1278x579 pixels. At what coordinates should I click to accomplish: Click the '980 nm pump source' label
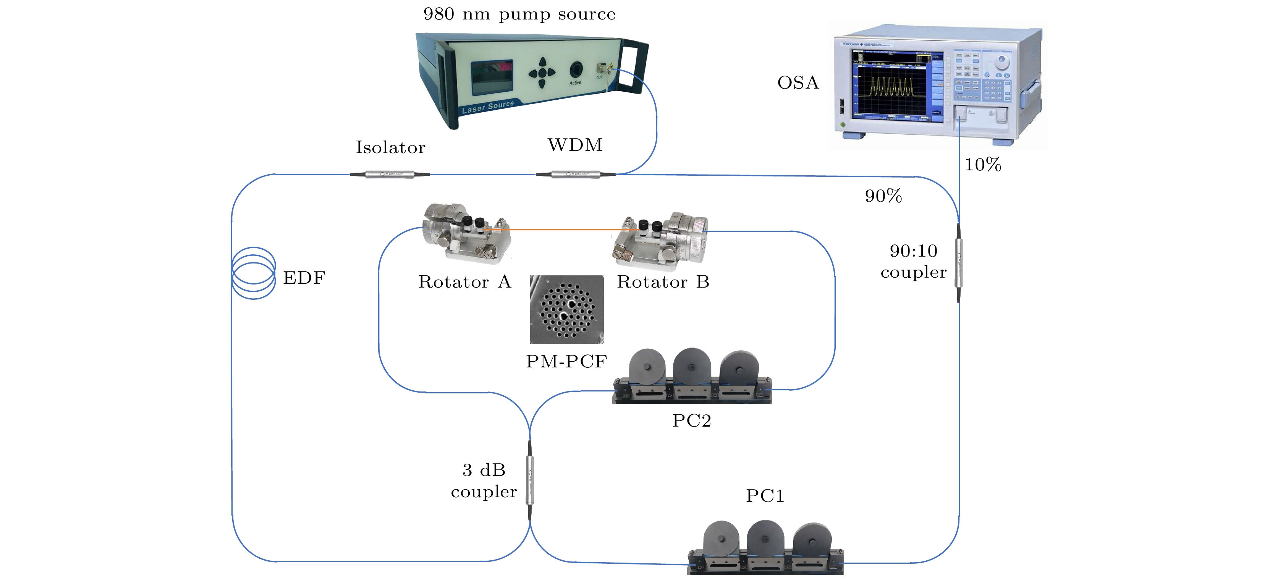[x=519, y=15]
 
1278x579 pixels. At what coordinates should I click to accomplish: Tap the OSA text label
[x=798, y=82]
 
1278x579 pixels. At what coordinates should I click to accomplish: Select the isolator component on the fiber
[x=390, y=174]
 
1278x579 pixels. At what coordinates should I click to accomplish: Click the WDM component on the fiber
[x=576, y=174]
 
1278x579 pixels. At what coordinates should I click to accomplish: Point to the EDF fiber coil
[x=254, y=273]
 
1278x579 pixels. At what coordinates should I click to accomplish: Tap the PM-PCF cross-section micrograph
[x=566, y=309]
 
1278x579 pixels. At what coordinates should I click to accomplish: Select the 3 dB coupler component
[x=530, y=480]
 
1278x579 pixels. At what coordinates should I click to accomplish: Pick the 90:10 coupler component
[x=959, y=263]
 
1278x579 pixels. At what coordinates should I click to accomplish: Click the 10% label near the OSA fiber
[x=982, y=165]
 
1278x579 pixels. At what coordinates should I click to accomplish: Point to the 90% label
[x=883, y=196]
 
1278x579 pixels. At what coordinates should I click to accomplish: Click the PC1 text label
[x=765, y=496]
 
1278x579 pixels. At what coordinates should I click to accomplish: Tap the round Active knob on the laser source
[x=576, y=70]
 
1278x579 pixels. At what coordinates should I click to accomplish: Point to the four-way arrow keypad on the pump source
[x=542, y=73]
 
